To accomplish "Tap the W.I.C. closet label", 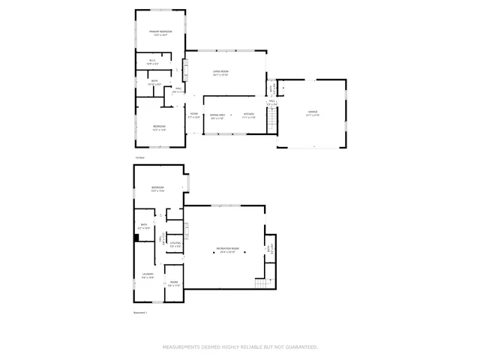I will pyautogui.click(x=151, y=61).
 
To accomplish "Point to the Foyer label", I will pyautogui.click(x=193, y=114).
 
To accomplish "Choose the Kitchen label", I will pyautogui.click(x=248, y=114).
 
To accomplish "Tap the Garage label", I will pyautogui.click(x=312, y=112).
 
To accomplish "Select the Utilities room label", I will pyautogui.click(x=175, y=243).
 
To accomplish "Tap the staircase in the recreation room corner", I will pyautogui.click(x=261, y=283).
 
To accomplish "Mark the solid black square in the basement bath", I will pyautogui.click(x=136, y=238).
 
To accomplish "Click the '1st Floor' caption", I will pyautogui.click(x=139, y=157).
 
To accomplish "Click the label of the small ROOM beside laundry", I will pyautogui.click(x=173, y=283).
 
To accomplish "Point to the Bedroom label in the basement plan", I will pyautogui.click(x=157, y=187).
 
